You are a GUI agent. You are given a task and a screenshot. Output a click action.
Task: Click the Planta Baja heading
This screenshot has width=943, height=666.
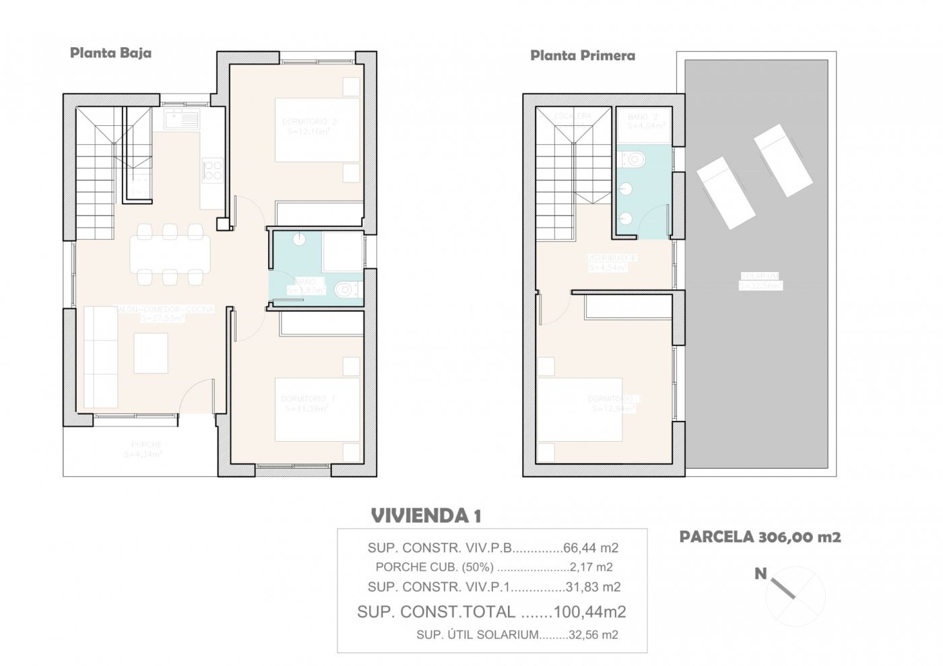[110, 53]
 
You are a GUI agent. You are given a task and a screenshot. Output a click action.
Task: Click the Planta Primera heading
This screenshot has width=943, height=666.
[583, 56]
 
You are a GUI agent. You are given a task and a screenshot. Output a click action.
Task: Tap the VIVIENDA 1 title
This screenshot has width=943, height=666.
[426, 517]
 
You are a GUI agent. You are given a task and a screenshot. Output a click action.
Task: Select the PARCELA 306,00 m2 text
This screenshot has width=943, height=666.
[760, 537]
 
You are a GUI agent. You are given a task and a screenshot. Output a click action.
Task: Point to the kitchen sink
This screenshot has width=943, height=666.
[181, 122]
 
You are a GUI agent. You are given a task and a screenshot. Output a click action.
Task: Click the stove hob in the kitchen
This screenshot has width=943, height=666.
[214, 170]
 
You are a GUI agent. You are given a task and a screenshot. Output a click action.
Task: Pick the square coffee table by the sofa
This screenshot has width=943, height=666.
[151, 353]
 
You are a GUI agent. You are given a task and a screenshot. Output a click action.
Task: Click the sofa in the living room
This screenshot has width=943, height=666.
[99, 354]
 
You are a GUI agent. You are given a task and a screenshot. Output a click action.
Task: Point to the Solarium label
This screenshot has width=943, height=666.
[760, 280]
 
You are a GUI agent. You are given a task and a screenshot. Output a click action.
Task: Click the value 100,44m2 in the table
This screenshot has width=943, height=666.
[589, 612]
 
